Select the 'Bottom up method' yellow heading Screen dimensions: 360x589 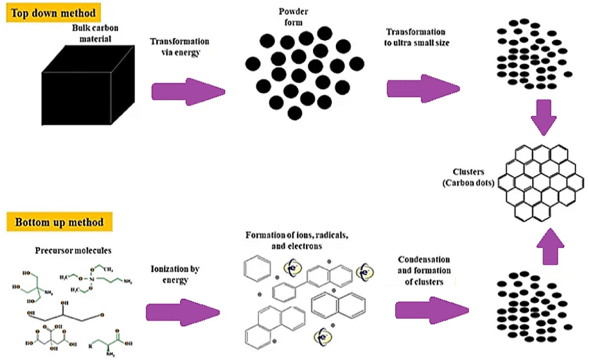coord(56,223)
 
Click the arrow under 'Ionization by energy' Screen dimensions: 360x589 coord(188,307)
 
